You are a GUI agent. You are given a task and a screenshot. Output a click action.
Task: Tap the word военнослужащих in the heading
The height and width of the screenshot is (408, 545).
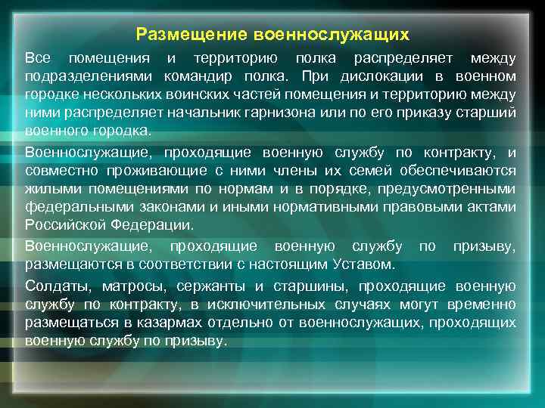click(x=332, y=35)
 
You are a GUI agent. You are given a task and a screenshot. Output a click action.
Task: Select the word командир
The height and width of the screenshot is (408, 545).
click(x=199, y=76)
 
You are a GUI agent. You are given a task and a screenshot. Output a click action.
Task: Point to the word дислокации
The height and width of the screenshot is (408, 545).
click(x=379, y=76)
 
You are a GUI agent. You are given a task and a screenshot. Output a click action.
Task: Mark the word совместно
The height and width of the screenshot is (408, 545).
click(x=59, y=172)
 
